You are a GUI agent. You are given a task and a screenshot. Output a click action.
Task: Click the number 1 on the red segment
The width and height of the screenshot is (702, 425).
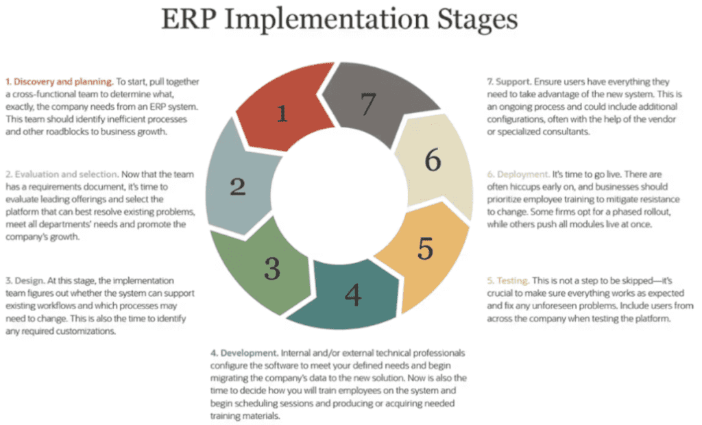[282, 113]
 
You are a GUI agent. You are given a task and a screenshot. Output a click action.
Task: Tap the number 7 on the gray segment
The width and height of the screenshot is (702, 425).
[368, 104]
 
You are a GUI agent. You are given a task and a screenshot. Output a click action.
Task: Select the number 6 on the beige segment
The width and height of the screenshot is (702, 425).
[433, 160]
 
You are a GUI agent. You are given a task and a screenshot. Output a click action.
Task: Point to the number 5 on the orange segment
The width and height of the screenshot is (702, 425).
[425, 249]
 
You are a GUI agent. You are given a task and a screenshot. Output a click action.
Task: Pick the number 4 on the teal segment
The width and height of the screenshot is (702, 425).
[353, 295]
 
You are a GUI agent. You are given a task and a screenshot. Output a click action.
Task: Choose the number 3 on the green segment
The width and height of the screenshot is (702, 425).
[272, 269]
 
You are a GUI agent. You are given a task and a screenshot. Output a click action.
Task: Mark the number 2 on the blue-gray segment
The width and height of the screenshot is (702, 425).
[238, 186]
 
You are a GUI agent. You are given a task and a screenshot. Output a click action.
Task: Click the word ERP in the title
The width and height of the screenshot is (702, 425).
[189, 20]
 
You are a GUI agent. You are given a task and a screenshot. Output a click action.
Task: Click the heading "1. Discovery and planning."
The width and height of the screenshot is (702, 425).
[59, 82]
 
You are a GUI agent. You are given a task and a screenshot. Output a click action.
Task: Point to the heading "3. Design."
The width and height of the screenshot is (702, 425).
[25, 281]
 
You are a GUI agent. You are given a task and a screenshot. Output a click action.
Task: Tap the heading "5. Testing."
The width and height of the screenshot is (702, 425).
[508, 281]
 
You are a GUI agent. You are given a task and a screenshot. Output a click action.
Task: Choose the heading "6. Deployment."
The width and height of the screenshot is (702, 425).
[518, 174]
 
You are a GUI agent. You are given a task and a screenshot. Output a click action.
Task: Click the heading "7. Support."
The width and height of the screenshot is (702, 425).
[509, 82]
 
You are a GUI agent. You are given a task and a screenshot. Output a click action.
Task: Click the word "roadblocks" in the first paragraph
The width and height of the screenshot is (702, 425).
[66, 132]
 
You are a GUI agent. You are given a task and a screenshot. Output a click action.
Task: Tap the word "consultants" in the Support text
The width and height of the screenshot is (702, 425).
[566, 132]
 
